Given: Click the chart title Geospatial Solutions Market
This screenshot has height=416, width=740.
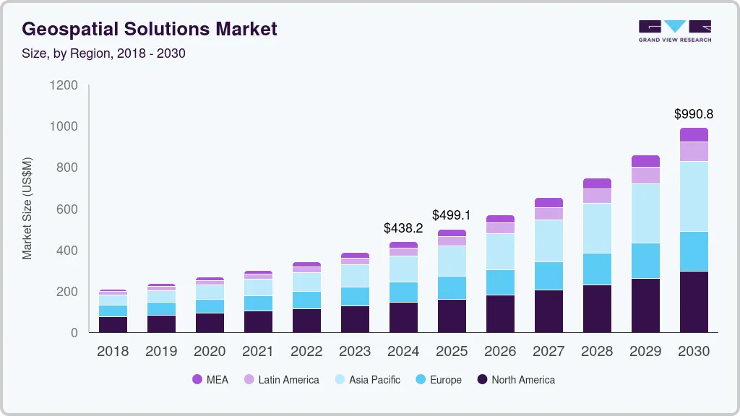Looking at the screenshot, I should pyautogui.click(x=150, y=29).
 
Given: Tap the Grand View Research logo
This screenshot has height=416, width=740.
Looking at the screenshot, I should pyautogui.click(x=674, y=30).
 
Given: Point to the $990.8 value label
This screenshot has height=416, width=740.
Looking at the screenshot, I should pyautogui.click(x=694, y=114).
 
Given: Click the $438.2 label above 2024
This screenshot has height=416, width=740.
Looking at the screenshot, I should pyautogui.click(x=403, y=227).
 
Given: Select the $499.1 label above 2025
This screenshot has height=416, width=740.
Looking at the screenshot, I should pyautogui.click(x=452, y=215).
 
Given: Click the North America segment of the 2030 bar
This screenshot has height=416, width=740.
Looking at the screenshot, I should pyautogui.click(x=694, y=302).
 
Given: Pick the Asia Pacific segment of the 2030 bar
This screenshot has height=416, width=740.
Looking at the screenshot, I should pyautogui.click(x=694, y=196).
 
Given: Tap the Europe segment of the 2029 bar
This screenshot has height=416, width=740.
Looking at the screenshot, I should pyautogui.click(x=645, y=261).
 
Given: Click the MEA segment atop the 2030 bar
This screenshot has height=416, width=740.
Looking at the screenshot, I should pyautogui.click(x=694, y=135).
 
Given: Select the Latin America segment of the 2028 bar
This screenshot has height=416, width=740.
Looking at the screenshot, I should pyautogui.click(x=597, y=196).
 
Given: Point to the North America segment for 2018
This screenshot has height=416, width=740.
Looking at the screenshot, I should pyautogui.click(x=113, y=324).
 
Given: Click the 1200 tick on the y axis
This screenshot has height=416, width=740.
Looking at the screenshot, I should pyautogui.click(x=64, y=85).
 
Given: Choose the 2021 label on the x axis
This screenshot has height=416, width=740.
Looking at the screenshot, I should pyautogui.click(x=258, y=352).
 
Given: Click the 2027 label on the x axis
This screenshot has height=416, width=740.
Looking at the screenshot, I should pyautogui.click(x=548, y=352).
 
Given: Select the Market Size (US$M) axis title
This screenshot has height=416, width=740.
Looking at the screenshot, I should pyautogui.click(x=27, y=208).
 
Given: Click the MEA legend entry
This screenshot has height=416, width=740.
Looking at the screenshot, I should pyautogui.click(x=210, y=379).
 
